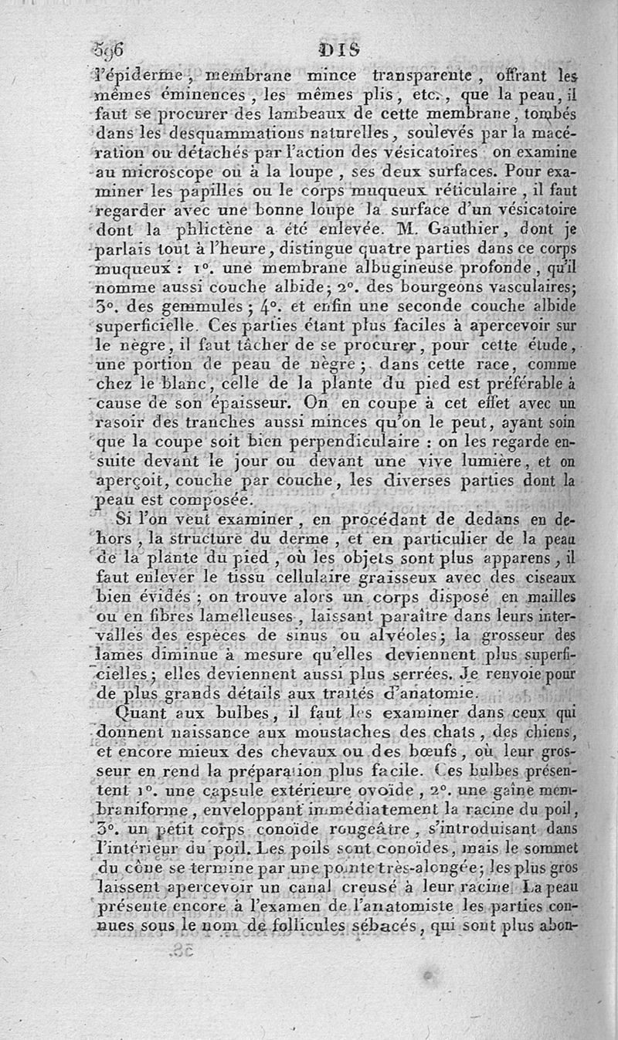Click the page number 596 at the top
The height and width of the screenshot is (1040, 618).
109,53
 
